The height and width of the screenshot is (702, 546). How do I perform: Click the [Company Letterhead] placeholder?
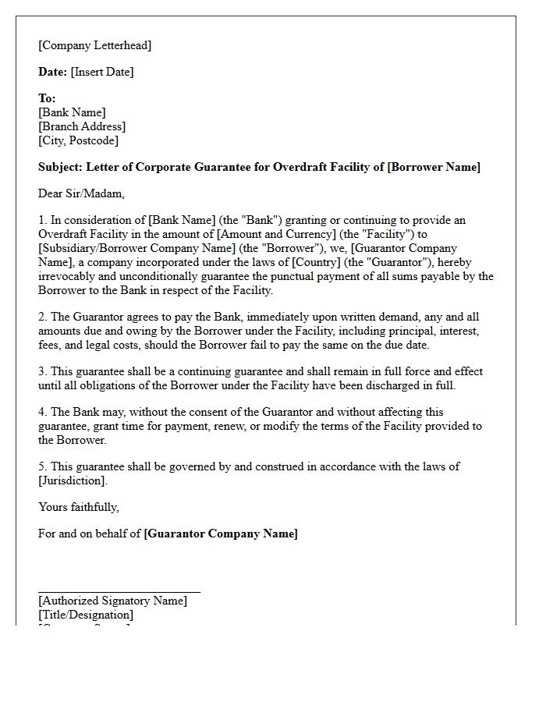pyautogui.click(x=94, y=45)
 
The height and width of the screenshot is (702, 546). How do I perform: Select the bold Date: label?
pyautogui.click(x=52, y=72)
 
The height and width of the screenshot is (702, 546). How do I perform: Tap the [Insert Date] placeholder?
pyautogui.click(x=102, y=72)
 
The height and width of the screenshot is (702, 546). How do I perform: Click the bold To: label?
pyautogui.click(x=47, y=98)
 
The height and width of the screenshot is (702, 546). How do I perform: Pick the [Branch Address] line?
pyautogui.click(x=81, y=126)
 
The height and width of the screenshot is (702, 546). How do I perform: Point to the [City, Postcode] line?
pyautogui.click(x=78, y=140)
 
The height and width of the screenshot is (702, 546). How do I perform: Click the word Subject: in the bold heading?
pyautogui.click(x=60, y=167)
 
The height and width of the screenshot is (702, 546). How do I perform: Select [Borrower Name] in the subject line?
pyautogui.click(x=434, y=167)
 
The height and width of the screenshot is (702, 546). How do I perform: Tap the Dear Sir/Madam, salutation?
pyautogui.click(x=81, y=193)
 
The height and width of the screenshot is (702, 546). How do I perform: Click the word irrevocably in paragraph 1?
pyautogui.click(x=68, y=276)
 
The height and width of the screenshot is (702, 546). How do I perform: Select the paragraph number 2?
pyautogui.click(x=42, y=317)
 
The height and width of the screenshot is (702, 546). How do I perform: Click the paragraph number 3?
pyautogui.click(x=42, y=371)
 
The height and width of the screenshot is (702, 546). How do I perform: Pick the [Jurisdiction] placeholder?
pyautogui.click(x=73, y=480)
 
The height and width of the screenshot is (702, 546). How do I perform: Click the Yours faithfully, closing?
pyautogui.click(x=79, y=507)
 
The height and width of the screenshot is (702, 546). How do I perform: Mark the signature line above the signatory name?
pyautogui.click(x=119, y=592)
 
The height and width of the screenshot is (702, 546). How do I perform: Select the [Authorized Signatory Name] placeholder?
pyautogui.click(x=112, y=601)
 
